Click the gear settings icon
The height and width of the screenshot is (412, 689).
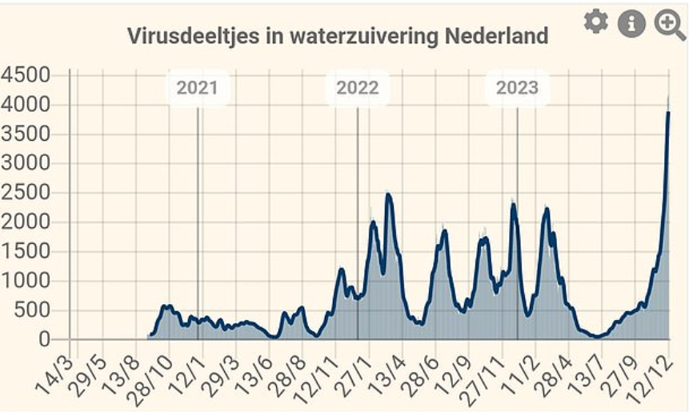(x=595, y=22)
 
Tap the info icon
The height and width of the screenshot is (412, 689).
(x=631, y=23)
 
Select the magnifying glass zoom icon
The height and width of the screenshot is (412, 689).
(x=669, y=24)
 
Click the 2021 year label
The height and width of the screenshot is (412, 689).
(x=197, y=88)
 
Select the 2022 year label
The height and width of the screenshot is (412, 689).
(x=357, y=88)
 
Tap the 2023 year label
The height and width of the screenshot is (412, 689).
(x=517, y=88)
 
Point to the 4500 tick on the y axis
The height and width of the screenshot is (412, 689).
(x=26, y=76)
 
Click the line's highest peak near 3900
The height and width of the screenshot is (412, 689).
(x=668, y=113)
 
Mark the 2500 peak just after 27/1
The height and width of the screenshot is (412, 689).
(x=389, y=194)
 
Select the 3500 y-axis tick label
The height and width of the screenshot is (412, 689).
(x=26, y=134)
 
